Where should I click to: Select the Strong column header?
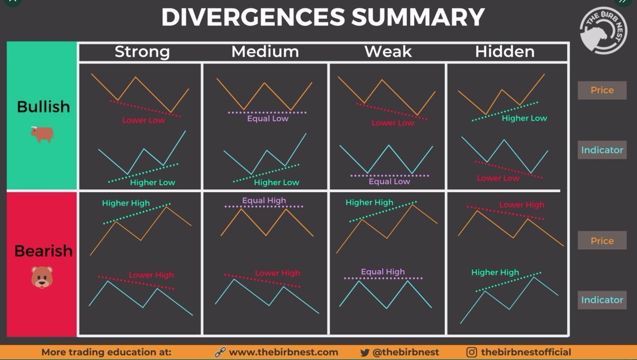click(x=142, y=52)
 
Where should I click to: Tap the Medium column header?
click(x=265, y=52)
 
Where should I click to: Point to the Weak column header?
click(x=388, y=52)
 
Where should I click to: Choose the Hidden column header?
click(x=504, y=52)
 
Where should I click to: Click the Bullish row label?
click(x=44, y=106)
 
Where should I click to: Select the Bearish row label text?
click(x=44, y=251)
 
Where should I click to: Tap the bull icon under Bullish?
click(x=42, y=134)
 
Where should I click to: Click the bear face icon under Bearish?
click(x=42, y=277)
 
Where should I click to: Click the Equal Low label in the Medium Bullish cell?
click(x=268, y=119)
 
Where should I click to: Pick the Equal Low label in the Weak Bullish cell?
click(x=389, y=182)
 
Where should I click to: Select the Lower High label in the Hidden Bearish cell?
click(x=521, y=205)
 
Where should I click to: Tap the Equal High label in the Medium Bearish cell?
click(x=264, y=201)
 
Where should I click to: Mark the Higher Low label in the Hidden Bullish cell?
click(x=524, y=118)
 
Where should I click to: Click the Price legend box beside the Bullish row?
click(x=602, y=90)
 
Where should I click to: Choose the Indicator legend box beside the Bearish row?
click(x=602, y=300)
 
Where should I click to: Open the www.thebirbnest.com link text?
click(x=283, y=352)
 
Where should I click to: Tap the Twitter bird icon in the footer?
click(x=365, y=352)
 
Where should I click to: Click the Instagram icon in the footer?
click(x=471, y=352)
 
